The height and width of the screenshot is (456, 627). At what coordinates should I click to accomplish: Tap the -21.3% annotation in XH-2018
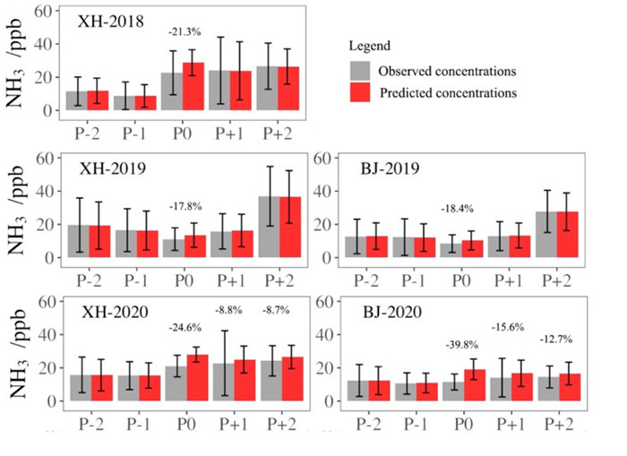point(183,32)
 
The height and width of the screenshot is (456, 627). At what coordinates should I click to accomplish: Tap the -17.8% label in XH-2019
point(183,207)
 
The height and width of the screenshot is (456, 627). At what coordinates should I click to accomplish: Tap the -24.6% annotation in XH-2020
point(183,327)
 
